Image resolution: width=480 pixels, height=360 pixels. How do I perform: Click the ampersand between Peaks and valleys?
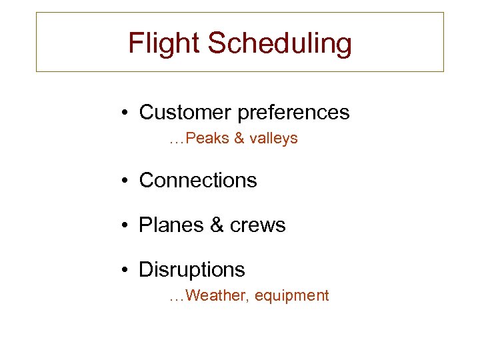point(238,139)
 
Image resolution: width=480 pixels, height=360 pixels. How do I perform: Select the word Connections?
point(197,181)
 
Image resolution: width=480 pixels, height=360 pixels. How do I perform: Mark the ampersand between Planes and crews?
point(217,225)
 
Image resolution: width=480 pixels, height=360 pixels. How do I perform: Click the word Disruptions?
point(191,270)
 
